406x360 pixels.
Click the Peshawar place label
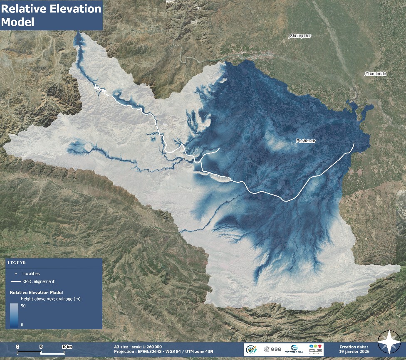pyautogui.click(x=306, y=141)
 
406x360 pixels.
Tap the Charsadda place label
pyautogui.click(x=376, y=74)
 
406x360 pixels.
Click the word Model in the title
pyautogui.click(x=18, y=22)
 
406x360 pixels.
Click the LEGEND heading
pyautogui.click(x=17, y=263)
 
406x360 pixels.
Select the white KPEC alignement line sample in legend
pyautogui.click(x=16, y=282)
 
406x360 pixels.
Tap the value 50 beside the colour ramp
pyautogui.click(x=23, y=306)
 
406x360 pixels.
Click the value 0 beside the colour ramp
pyautogui.click(x=22, y=324)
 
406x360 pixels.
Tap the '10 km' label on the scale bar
pyautogui.click(x=67, y=347)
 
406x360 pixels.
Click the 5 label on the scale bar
pyautogui.click(x=41, y=347)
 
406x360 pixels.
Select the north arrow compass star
pyautogui.click(x=389, y=342)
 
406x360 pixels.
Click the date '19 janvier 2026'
pyautogui.click(x=354, y=351)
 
